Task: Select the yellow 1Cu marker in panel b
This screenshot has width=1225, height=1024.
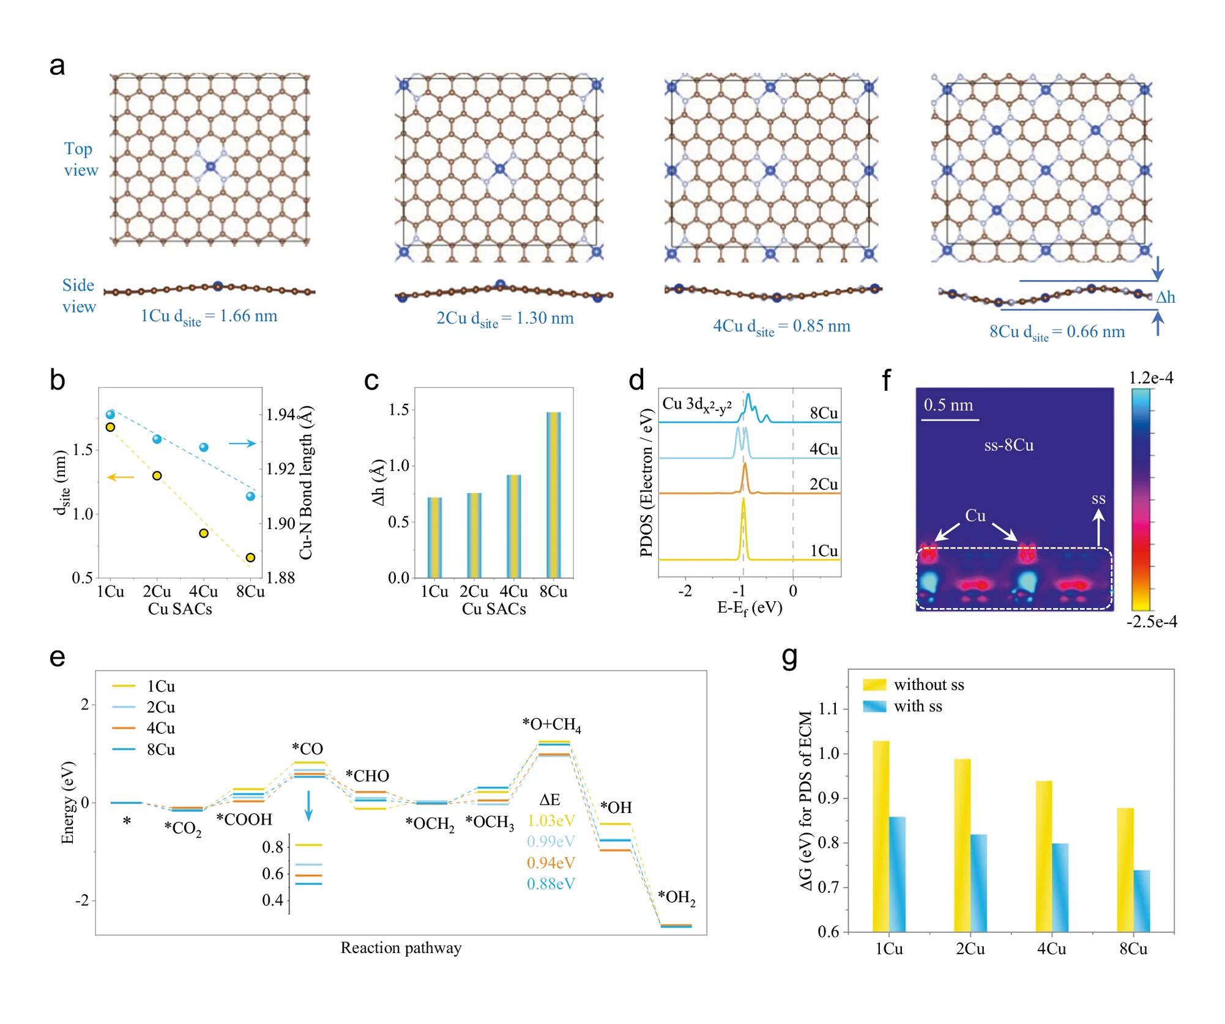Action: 111,427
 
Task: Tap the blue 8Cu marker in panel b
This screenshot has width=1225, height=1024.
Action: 250,496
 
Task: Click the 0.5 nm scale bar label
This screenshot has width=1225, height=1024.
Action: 948,405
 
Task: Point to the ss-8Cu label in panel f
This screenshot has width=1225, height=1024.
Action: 1008,445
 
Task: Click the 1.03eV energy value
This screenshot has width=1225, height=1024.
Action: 551,821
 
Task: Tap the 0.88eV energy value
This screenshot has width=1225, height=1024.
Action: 551,884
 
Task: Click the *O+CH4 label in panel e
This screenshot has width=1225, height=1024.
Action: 551,725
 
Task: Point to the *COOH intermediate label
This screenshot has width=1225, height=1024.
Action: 244,820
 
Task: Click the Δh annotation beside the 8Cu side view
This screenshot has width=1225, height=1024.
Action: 1165,297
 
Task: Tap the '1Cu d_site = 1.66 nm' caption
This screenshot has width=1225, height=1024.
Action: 209,317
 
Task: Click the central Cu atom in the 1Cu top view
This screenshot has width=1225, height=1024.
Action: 210,166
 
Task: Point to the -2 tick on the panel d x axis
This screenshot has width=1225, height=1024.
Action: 685,591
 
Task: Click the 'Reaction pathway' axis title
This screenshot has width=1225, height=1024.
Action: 401,948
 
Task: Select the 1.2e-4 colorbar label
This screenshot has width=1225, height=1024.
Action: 1150,378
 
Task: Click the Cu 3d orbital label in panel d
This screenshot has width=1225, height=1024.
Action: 697,404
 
